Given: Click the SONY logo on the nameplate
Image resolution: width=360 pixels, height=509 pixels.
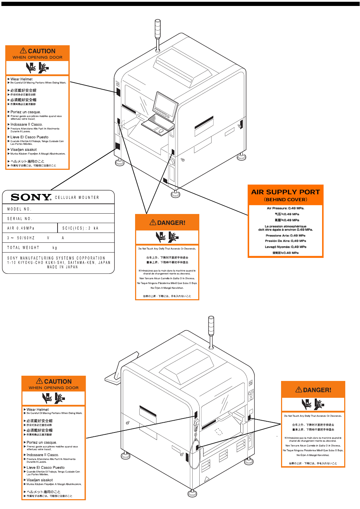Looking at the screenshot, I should tap(31, 197).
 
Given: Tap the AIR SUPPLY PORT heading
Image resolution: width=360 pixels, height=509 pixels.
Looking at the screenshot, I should tap(285, 192).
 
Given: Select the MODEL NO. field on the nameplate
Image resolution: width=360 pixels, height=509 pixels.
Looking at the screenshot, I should tap(20, 209).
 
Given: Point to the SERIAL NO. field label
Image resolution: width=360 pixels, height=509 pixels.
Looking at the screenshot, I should tap(20, 219).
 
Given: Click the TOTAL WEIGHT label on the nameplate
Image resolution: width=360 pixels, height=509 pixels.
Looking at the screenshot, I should tap(23, 248).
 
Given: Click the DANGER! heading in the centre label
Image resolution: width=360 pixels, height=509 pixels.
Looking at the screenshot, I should tap(168, 223).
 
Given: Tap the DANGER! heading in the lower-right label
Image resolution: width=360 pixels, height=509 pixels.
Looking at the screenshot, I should tap(314, 390).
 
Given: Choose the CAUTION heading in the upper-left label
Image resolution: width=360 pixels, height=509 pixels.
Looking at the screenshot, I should tap(38, 51).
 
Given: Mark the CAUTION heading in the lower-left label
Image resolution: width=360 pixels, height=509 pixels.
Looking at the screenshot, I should tap(54, 381).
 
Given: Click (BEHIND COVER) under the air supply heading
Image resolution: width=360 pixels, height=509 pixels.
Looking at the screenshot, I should tap(285, 200).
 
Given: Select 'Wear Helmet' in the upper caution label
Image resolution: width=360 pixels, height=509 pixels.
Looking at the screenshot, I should tap(21, 79).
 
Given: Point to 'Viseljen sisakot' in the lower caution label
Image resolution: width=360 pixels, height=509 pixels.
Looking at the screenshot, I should tap(40, 480).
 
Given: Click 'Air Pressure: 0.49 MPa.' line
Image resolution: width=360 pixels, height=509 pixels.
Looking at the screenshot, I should tap(285, 208).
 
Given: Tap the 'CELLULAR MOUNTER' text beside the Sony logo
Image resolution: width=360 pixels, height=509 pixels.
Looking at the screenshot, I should tap(77, 197).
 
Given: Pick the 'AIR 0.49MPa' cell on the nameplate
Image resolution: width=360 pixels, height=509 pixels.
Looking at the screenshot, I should tap(21, 228).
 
